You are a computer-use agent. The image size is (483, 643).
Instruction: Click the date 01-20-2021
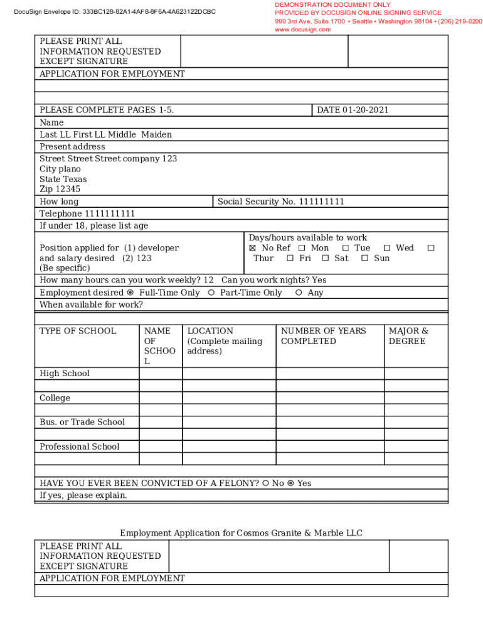[x=366, y=110]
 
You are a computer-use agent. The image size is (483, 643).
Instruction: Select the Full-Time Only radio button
[x=130, y=293]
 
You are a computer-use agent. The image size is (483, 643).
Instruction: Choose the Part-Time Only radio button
[x=211, y=293]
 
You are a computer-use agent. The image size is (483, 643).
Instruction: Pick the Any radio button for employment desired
[x=299, y=293]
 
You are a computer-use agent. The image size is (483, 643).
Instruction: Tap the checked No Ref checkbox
[x=253, y=248]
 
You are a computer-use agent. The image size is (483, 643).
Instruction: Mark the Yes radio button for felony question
[x=290, y=484]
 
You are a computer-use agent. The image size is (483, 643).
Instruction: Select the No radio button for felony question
[x=265, y=484]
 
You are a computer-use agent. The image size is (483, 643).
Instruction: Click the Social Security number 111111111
[x=321, y=202]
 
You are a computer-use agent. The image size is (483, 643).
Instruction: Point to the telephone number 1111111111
[x=110, y=213]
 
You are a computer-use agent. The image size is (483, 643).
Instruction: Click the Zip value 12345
[x=68, y=189]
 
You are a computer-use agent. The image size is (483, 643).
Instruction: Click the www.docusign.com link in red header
[x=302, y=30]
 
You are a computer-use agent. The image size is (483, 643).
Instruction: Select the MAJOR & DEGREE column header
[x=408, y=336]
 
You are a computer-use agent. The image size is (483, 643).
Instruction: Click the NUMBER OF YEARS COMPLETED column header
[x=323, y=336]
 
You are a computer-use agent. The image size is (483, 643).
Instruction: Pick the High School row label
[x=65, y=374]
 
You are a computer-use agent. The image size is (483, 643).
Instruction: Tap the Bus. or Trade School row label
[x=82, y=422]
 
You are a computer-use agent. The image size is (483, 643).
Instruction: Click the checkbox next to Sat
[x=326, y=258]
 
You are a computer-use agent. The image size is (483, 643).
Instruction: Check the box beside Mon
[x=302, y=248]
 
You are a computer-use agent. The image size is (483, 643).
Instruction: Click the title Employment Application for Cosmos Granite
[x=241, y=533]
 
